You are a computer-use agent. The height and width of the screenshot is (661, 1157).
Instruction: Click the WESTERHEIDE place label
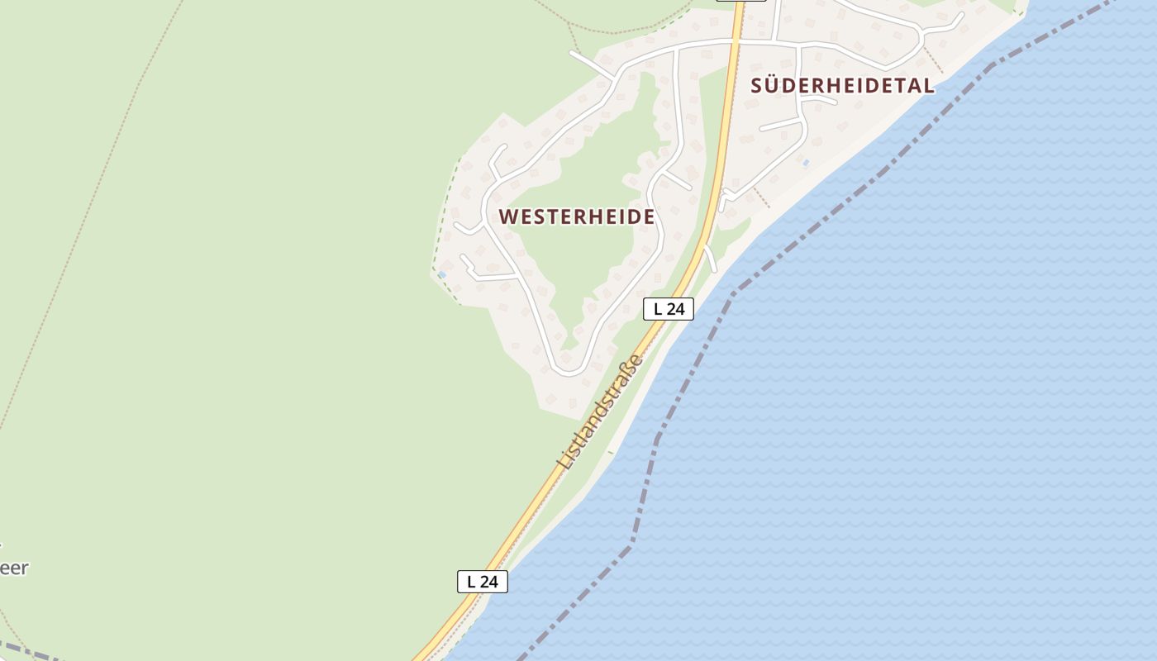(577, 216)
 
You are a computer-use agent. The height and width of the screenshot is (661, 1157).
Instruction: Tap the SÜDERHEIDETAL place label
(842, 85)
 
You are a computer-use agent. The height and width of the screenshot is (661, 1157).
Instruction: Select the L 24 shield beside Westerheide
(668, 309)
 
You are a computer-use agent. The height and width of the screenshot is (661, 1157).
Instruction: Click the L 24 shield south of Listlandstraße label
(482, 582)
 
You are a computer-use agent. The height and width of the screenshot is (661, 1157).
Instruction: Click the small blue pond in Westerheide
(441, 274)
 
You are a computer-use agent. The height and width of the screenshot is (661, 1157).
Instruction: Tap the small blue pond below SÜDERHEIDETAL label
(806, 163)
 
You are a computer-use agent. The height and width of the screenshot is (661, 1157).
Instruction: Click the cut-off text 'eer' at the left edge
(14, 568)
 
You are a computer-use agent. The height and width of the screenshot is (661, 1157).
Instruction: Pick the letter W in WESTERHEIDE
(508, 216)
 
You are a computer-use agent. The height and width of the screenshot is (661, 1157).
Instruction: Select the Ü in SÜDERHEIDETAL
(776, 84)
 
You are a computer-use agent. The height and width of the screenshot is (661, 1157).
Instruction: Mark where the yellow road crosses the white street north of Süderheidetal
(736, 40)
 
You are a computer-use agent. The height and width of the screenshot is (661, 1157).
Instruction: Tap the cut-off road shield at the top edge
(740, 2)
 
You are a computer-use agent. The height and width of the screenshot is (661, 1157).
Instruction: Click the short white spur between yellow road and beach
(710, 258)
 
